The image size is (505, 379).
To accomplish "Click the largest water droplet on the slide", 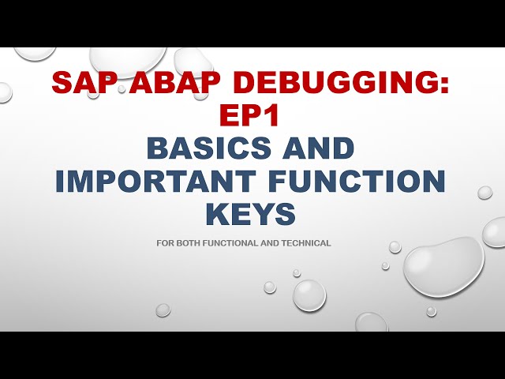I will pyautogui.click(x=443, y=265).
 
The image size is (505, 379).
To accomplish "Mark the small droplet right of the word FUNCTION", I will pyautogui.click(x=484, y=192).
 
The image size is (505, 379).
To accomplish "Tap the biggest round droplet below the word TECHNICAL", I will pyautogui.click(x=309, y=295).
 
